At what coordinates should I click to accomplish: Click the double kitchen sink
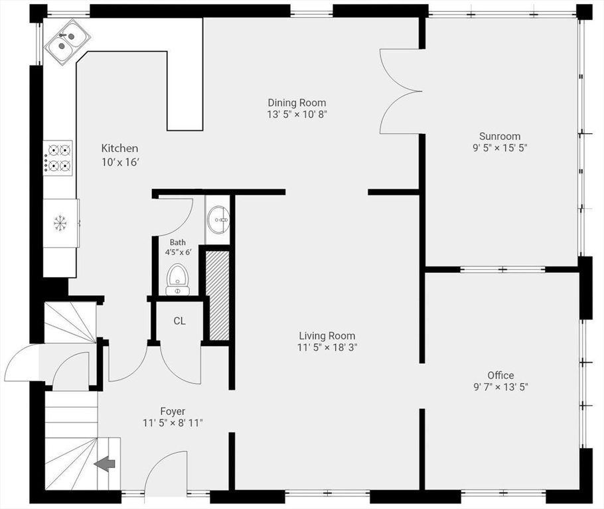click(x=68, y=42)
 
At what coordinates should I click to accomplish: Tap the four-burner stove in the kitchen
click(x=58, y=158)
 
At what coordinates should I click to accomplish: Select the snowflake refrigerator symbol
click(x=60, y=223)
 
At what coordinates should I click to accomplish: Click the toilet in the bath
click(x=178, y=279)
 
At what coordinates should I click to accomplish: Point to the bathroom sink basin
click(x=218, y=220)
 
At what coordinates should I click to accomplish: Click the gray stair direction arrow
click(x=105, y=464)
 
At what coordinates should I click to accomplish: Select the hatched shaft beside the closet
click(x=218, y=296)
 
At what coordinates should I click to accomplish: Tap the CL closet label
click(x=179, y=321)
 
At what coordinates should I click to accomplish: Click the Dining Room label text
click(x=297, y=103)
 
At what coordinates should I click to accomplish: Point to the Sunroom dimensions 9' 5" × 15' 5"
click(x=500, y=148)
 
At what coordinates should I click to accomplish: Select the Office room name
click(x=500, y=375)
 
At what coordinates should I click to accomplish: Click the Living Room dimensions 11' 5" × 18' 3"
click(x=327, y=347)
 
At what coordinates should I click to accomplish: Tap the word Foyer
click(x=173, y=412)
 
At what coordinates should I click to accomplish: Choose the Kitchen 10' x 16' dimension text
click(x=119, y=162)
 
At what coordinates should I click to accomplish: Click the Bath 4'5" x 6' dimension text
click(x=179, y=253)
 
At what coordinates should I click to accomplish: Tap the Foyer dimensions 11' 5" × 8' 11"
click(x=173, y=424)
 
